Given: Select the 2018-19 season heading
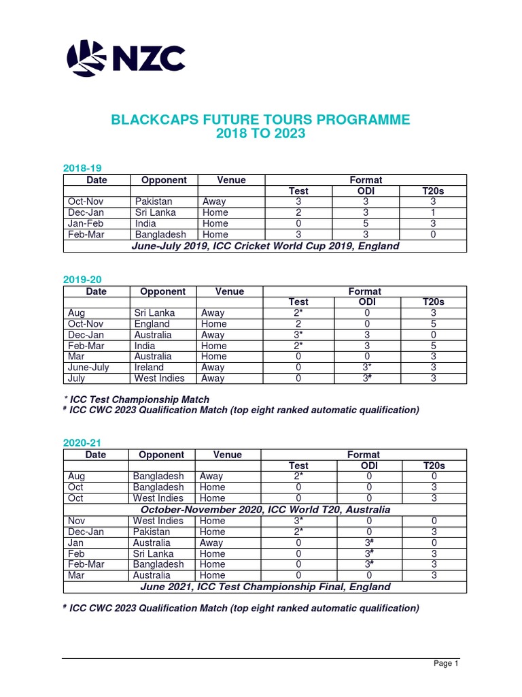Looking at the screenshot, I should click(82, 167).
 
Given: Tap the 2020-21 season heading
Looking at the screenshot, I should click(82, 442).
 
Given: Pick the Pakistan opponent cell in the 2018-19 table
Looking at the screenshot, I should click(154, 202).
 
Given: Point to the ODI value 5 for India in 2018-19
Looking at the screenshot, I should click(366, 224).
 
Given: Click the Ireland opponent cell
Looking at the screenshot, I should click(149, 368).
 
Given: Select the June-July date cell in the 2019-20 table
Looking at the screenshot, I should click(88, 368).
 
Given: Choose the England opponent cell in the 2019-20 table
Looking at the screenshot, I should click(152, 324).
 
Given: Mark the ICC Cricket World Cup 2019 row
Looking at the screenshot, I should click(265, 246).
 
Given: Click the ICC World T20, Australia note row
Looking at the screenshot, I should click(265, 510).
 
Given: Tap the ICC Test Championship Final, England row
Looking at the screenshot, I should click(265, 587).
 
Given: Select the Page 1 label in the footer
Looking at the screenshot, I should click(447, 664).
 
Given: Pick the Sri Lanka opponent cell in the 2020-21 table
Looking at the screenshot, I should click(153, 553).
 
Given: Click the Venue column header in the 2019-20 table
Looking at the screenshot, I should click(230, 291).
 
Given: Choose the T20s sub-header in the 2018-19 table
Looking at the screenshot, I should click(433, 191).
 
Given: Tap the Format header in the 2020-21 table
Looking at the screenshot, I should click(364, 455).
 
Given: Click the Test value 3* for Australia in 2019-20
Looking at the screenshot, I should click(298, 335).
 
